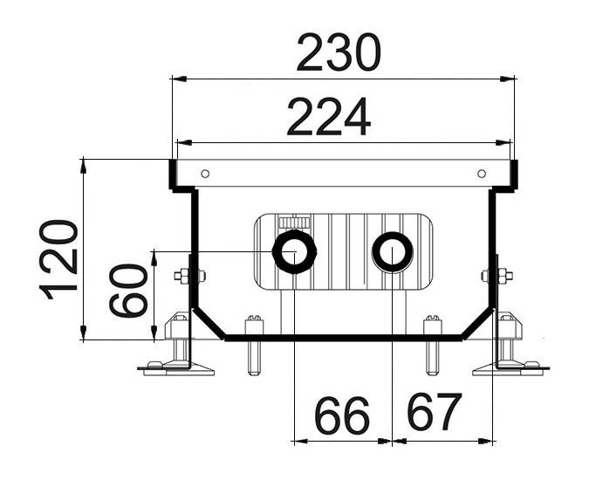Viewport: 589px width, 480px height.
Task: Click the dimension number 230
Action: coord(339,54)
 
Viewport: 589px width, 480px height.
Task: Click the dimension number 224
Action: coord(329,117)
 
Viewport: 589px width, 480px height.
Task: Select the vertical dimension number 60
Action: coord(128,291)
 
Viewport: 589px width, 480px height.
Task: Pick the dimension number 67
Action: coord(434,414)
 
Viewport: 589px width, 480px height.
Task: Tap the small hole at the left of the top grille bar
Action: coord(204,173)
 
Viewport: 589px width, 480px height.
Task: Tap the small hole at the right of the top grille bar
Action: coord(481,173)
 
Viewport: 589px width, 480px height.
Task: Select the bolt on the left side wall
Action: coord(186,277)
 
